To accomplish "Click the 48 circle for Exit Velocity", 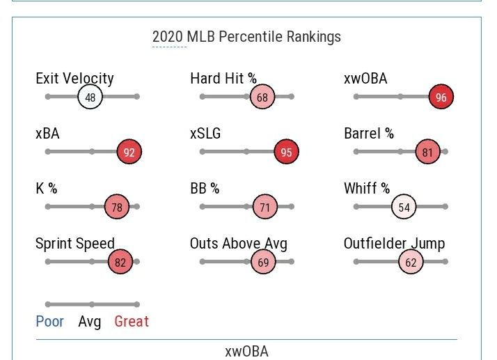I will click(x=90, y=97).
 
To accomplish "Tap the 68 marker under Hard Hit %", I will click(x=262, y=97).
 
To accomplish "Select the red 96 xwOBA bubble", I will click(x=441, y=97).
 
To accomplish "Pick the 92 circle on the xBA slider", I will click(x=129, y=152).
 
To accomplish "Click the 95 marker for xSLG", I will click(x=287, y=152).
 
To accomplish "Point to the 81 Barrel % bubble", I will click(x=427, y=152).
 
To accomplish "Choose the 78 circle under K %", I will click(x=117, y=207).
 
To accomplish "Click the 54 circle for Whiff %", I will click(x=404, y=207).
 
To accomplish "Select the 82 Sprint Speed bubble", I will click(x=120, y=262).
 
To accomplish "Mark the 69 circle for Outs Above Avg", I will click(x=263, y=262).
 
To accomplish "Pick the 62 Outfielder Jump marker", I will click(x=411, y=262).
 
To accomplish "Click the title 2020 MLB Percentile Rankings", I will click(x=246, y=37).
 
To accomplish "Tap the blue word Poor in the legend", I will click(x=49, y=322).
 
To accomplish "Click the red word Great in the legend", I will click(x=132, y=322).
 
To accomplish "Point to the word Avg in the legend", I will click(x=89, y=322).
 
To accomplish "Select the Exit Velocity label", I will click(x=74, y=79).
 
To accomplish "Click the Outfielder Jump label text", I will click(x=394, y=244).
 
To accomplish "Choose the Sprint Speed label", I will click(x=75, y=244).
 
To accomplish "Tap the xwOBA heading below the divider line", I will click(x=246, y=351).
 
